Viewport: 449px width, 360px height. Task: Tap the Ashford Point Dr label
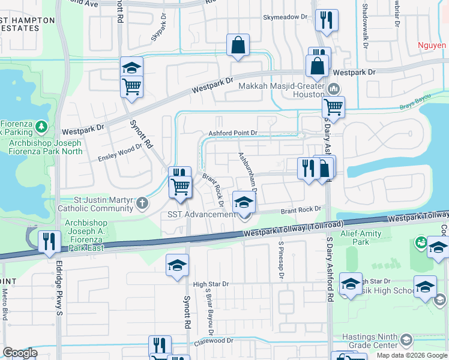[233, 133]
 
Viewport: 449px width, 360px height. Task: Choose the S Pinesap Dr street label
[280, 260]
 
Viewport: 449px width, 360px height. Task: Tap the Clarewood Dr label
[212, 341]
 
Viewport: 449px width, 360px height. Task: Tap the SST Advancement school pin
[244, 203]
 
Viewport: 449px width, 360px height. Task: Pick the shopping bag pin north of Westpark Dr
[238, 46]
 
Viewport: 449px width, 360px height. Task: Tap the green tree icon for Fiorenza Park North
[41, 127]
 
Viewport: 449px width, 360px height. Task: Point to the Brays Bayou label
[415, 107]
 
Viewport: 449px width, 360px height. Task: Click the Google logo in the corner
[20, 353]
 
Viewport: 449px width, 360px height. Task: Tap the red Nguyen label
[433, 44]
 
